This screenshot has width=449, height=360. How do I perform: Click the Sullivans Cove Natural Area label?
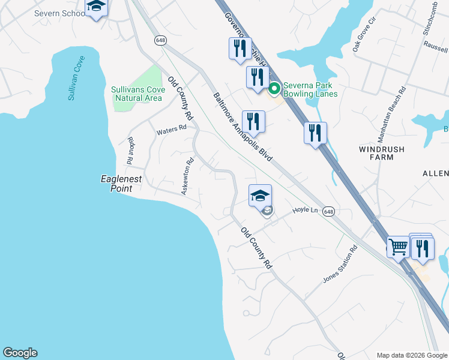click(x=137, y=94)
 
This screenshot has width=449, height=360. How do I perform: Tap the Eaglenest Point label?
click(x=124, y=184)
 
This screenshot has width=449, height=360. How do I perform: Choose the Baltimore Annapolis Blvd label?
click(x=243, y=127)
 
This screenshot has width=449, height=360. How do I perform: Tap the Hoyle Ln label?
click(x=304, y=210)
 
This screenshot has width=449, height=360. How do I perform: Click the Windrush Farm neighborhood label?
click(x=382, y=153)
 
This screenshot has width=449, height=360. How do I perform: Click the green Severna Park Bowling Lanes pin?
click(x=274, y=89)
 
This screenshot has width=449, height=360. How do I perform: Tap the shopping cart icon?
click(x=399, y=247)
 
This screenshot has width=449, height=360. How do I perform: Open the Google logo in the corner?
click(x=20, y=353)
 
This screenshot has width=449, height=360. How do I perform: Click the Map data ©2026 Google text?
click(x=411, y=355)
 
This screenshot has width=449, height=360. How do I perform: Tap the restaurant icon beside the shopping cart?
click(x=423, y=247)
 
